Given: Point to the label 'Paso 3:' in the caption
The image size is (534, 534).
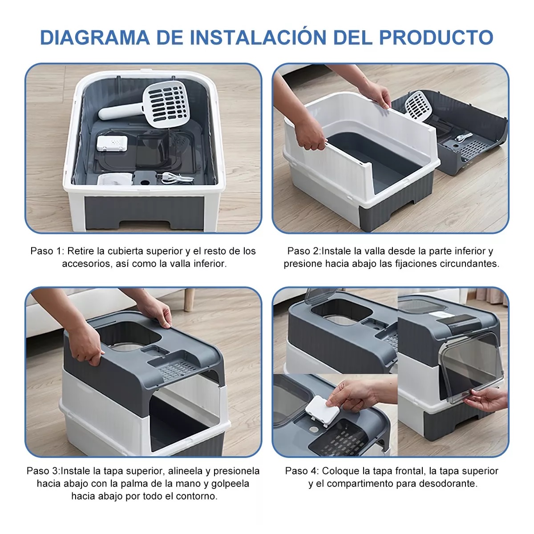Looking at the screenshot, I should [43, 471].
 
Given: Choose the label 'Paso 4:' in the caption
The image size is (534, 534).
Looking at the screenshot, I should [302, 471].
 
